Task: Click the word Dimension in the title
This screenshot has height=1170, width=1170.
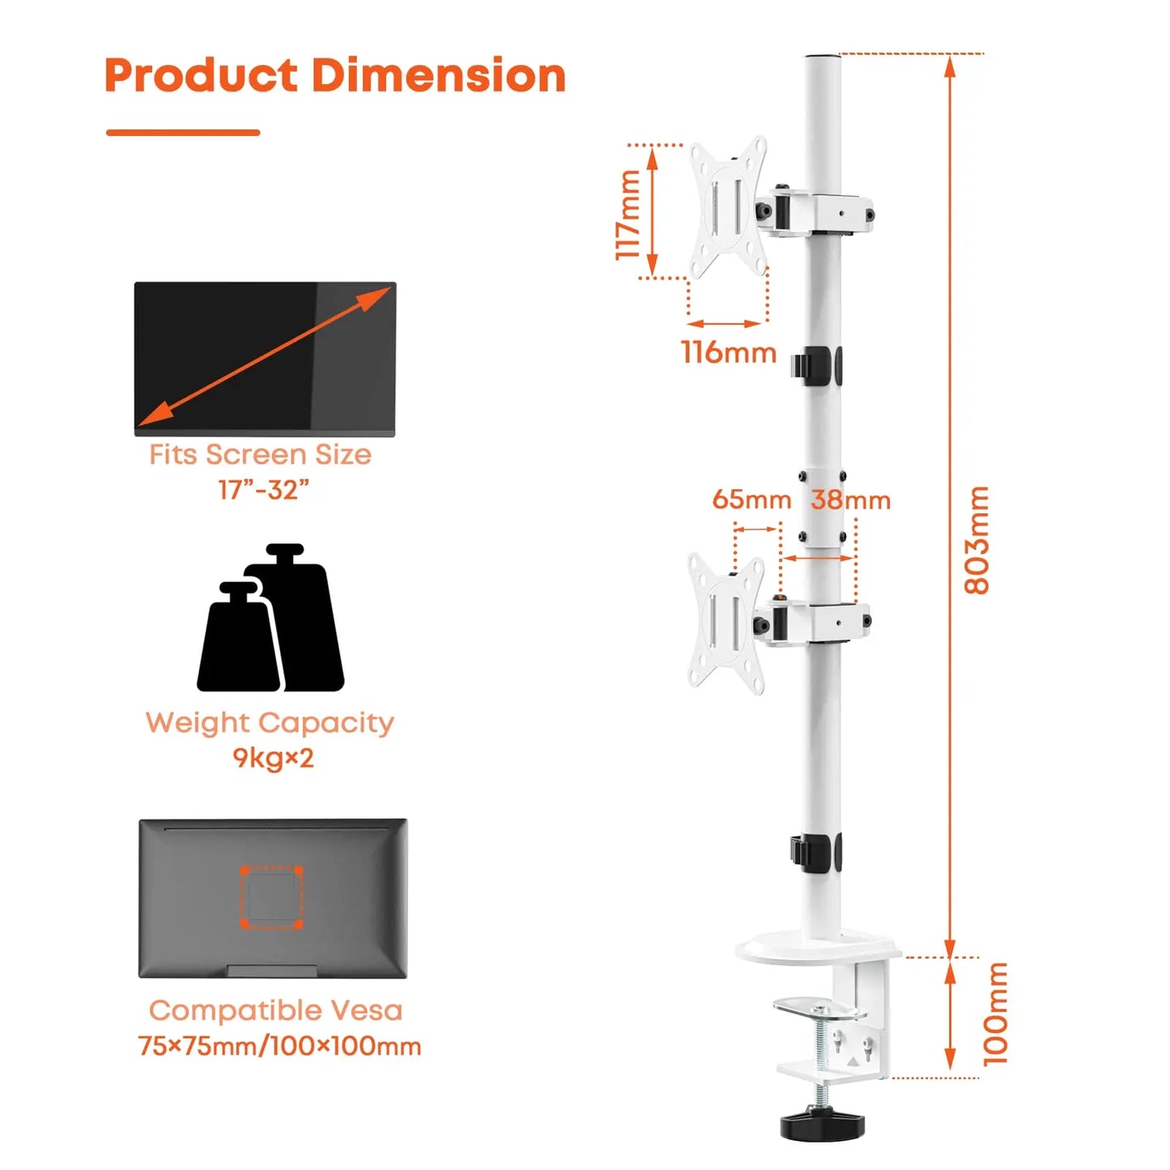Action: click(438, 76)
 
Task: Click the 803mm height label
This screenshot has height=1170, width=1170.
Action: click(977, 540)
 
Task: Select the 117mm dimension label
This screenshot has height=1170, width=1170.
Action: click(628, 215)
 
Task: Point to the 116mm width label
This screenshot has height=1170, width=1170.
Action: click(729, 352)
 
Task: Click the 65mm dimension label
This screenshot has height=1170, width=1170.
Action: click(751, 500)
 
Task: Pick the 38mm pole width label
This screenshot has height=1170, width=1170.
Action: click(851, 500)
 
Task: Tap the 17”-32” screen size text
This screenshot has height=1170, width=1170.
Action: click(264, 489)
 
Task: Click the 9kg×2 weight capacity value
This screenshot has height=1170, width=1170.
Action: click(273, 758)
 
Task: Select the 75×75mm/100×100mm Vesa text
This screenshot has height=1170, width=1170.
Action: click(279, 1046)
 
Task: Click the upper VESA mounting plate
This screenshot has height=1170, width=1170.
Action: click(727, 207)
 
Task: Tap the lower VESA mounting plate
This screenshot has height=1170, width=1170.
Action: click(725, 623)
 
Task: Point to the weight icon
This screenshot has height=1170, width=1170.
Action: click(270, 618)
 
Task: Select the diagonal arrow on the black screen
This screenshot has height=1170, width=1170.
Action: click(264, 357)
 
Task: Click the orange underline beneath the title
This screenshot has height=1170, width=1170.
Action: click(183, 132)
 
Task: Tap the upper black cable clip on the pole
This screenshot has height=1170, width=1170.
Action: click(816, 365)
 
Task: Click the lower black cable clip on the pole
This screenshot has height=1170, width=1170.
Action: click(816, 853)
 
